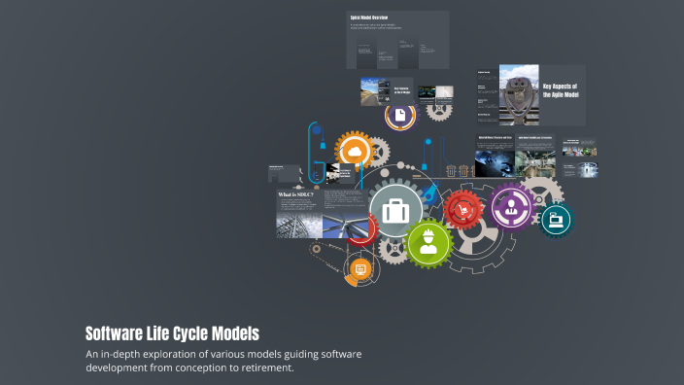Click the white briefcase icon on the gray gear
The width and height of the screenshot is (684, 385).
click(395, 211)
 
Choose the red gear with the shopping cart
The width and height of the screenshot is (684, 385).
click(463, 208)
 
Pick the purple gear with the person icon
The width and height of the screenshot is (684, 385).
click(510, 206)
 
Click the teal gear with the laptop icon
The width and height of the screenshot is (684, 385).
click(557, 219)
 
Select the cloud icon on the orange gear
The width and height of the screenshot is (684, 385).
click(354, 152)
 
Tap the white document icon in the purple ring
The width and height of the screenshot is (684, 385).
click(399, 115)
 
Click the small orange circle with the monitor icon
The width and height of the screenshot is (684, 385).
click(359, 269)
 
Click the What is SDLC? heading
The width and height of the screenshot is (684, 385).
click(296, 194)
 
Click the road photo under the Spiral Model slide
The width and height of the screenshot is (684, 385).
click(374, 91)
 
